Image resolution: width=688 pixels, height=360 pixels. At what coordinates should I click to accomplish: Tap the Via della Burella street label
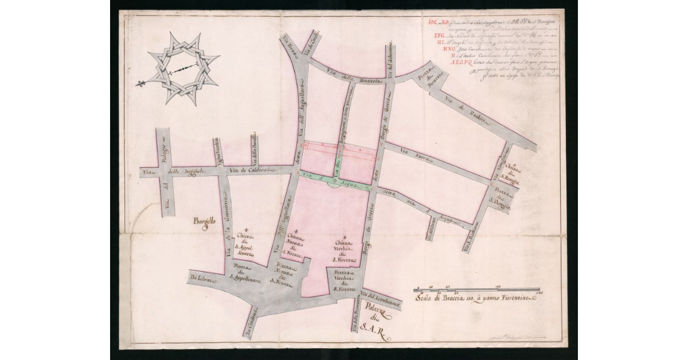click(x=254, y=150)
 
